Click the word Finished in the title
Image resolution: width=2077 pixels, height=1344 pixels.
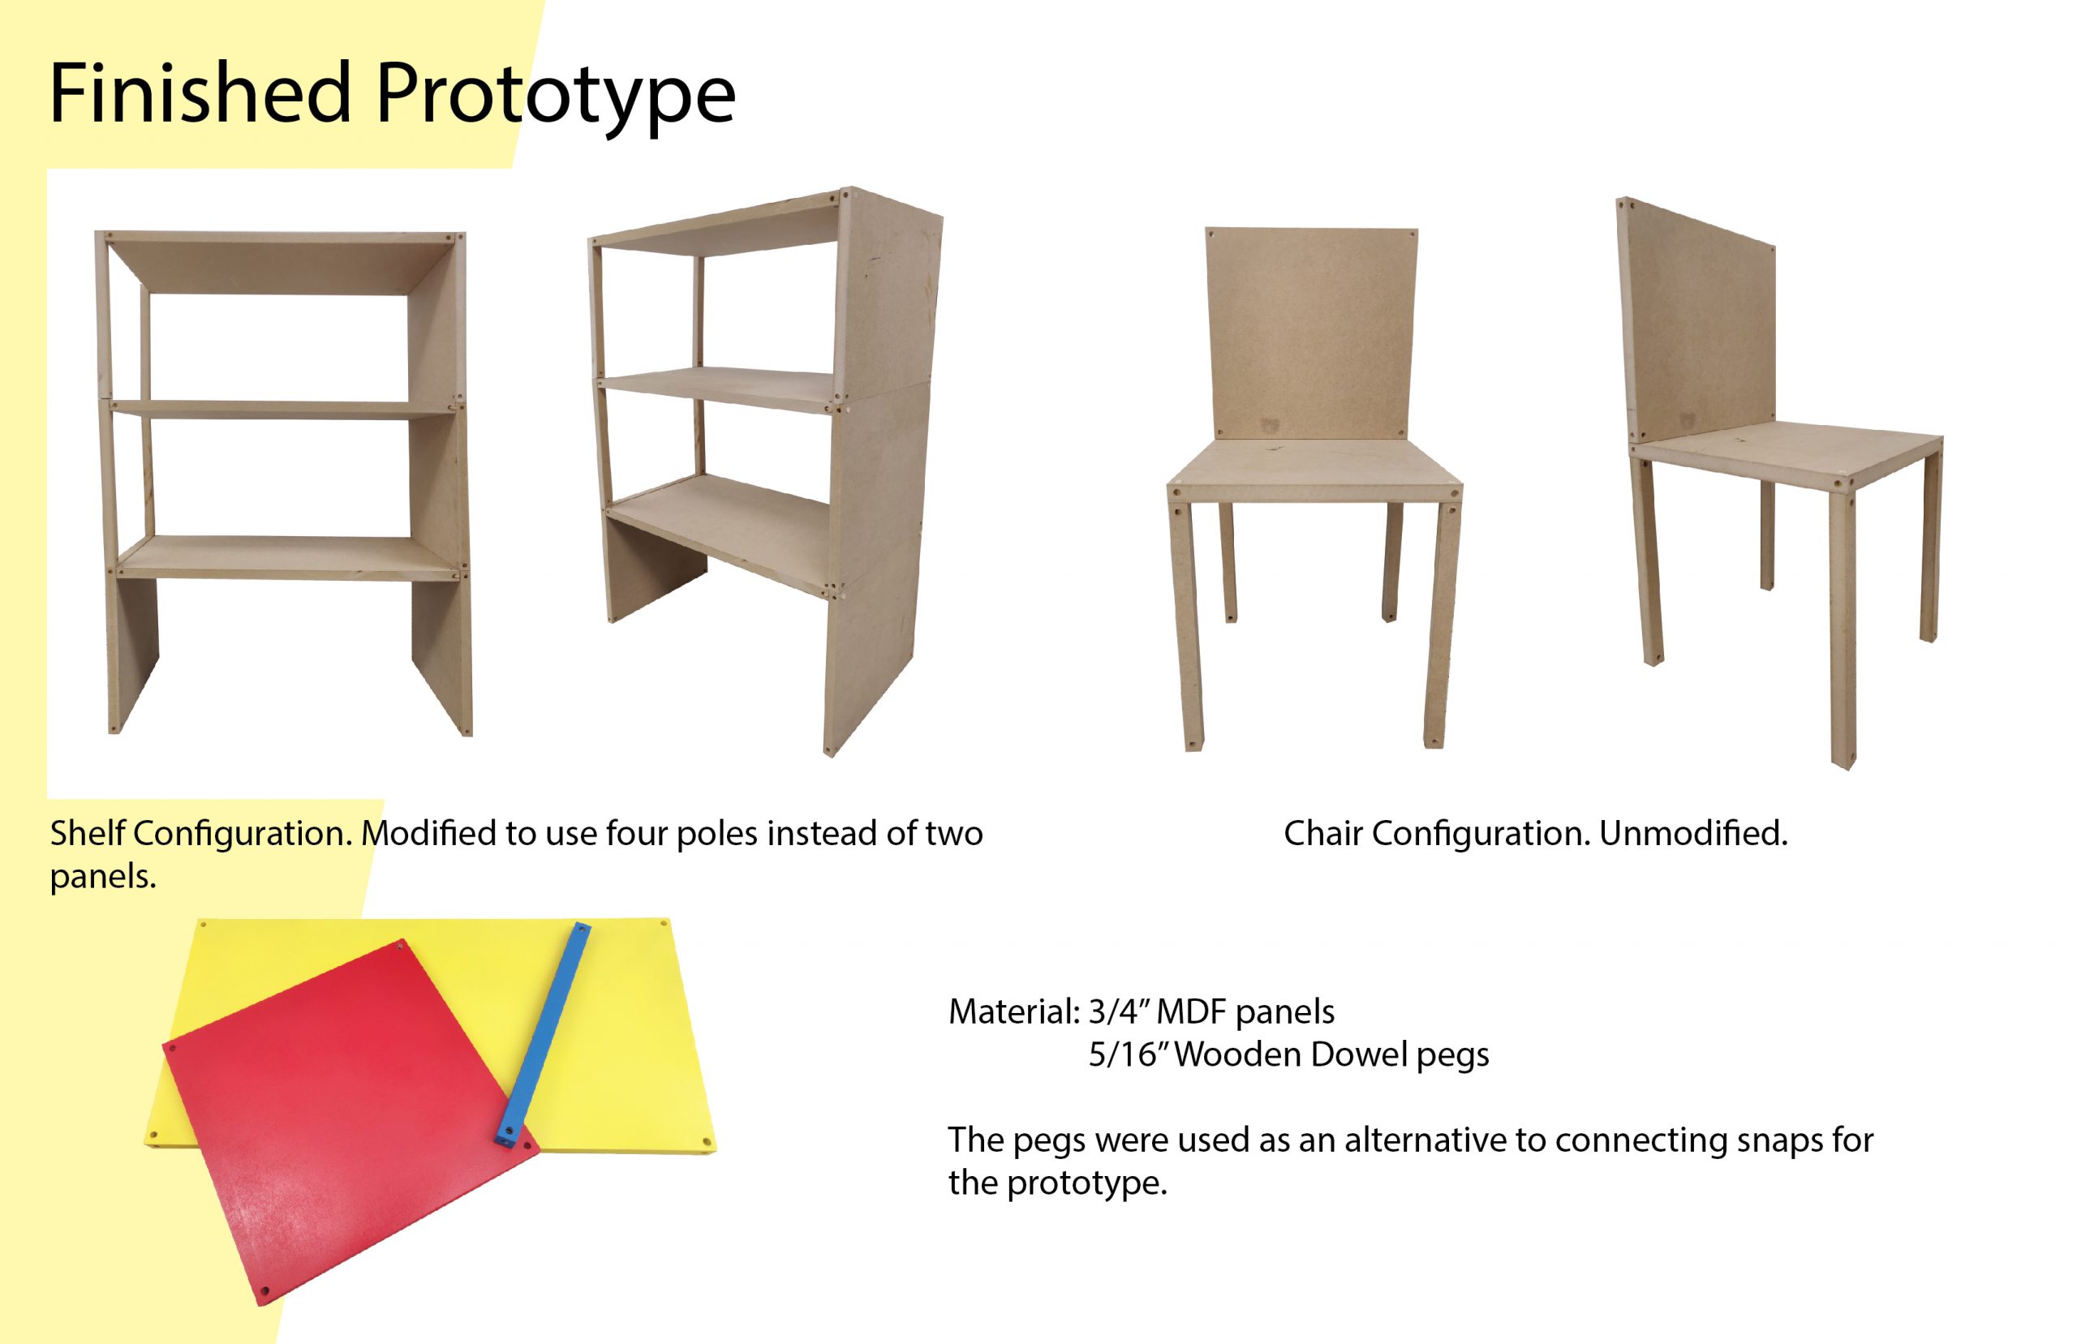click(200, 92)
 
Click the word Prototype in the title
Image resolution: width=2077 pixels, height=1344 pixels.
click(556, 98)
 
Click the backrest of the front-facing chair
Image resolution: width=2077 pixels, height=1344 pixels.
click(1311, 333)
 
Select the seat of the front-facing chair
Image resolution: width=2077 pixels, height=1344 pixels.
click(1314, 471)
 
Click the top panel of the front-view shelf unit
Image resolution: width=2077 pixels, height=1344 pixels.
click(279, 262)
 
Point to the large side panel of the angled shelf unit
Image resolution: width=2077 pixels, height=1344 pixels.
click(881, 471)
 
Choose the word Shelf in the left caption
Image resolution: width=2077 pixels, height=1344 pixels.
click(88, 834)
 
